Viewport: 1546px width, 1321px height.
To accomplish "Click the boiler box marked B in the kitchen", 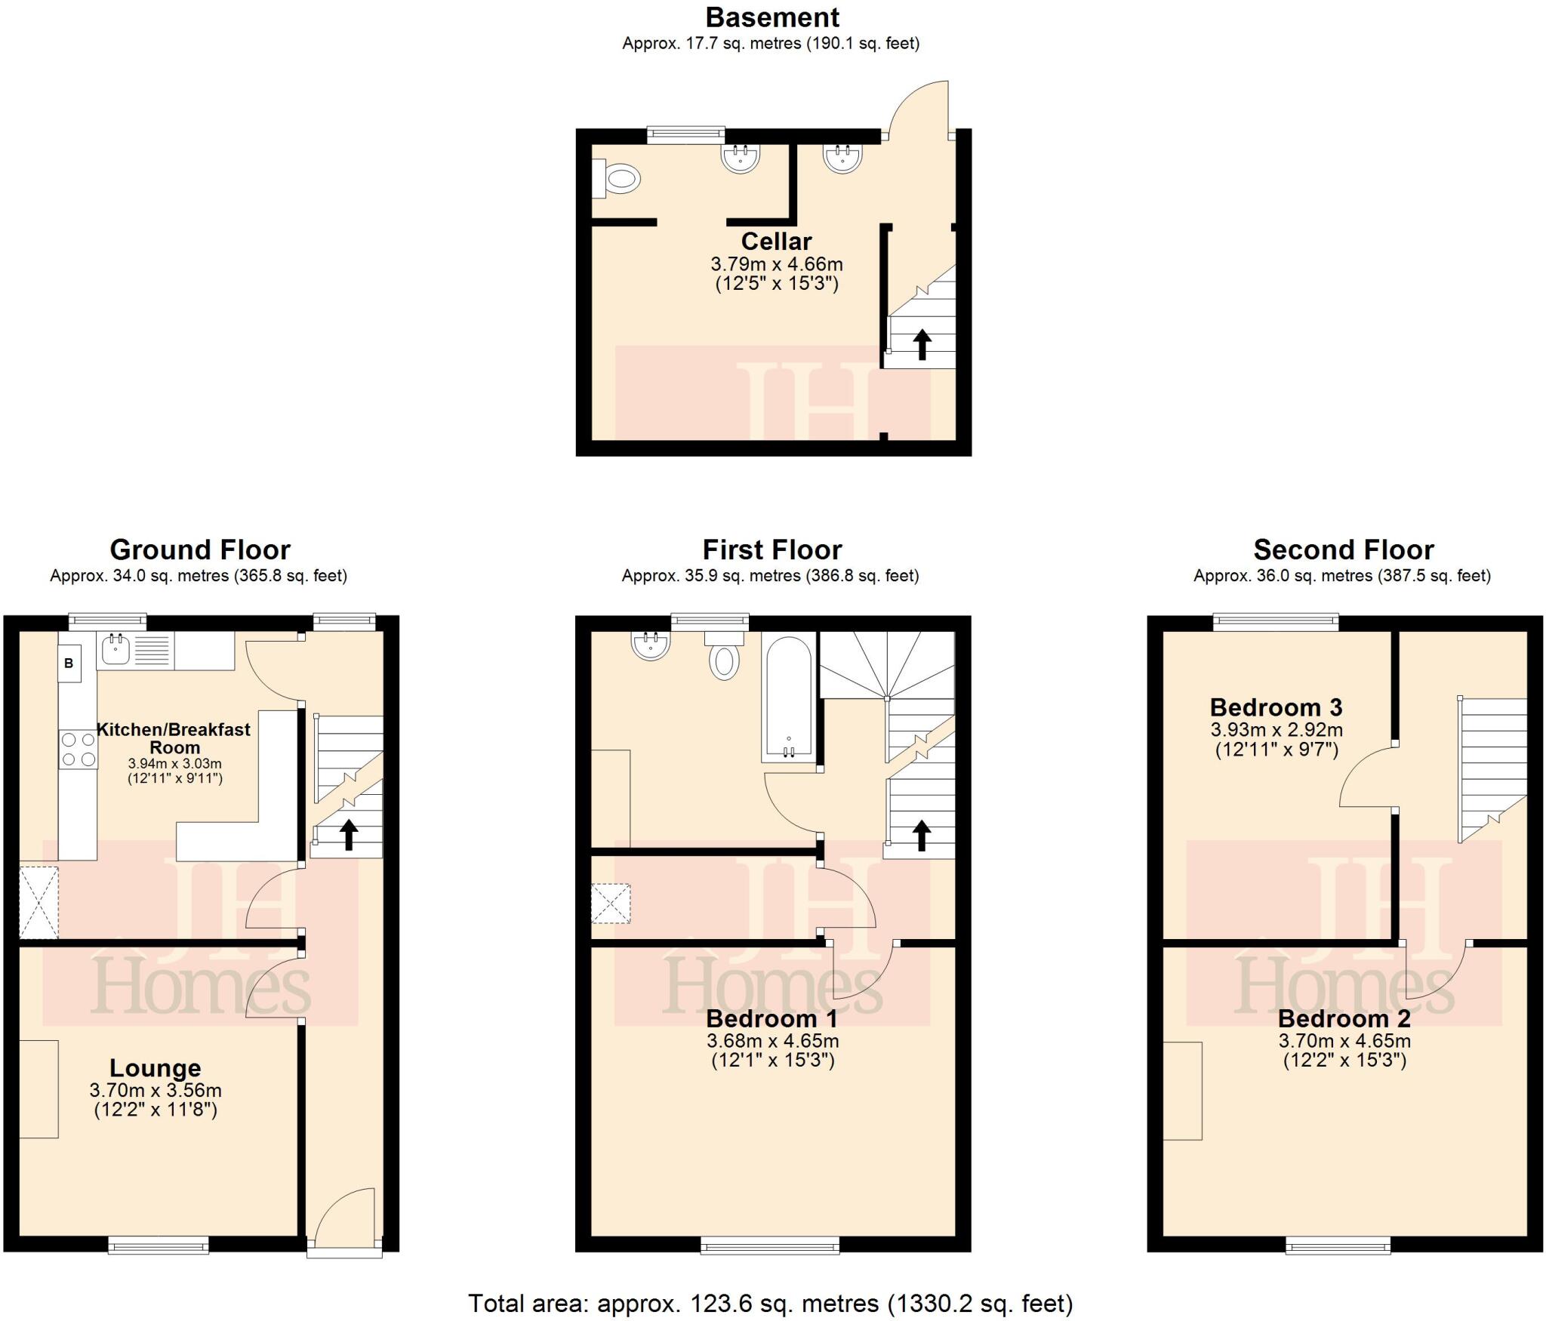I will [x=69, y=664].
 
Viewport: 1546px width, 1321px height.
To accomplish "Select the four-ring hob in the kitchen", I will [x=78, y=749].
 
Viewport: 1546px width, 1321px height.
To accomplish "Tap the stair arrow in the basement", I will [x=922, y=344].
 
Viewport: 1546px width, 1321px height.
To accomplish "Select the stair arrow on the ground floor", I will [x=348, y=835].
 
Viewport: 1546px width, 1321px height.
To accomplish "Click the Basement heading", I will [x=771, y=17].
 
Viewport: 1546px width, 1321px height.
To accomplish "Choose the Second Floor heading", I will [x=1343, y=550].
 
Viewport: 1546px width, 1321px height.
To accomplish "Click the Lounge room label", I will [x=156, y=1068].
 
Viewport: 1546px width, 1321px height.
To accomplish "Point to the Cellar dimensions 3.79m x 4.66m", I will [x=776, y=265].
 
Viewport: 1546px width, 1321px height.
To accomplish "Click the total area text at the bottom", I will [x=770, y=1303].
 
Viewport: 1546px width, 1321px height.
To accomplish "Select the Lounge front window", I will [x=158, y=1245].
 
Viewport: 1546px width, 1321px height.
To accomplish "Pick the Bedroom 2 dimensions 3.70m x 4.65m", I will [x=1344, y=1041].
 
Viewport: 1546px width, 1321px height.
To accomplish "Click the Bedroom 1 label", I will [x=771, y=1019].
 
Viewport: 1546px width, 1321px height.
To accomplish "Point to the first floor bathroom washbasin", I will [x=651, y=645].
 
